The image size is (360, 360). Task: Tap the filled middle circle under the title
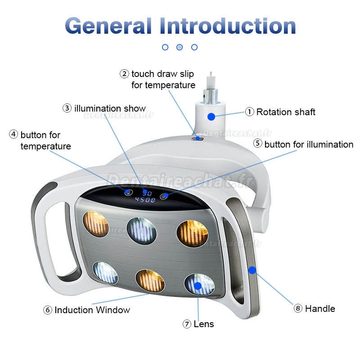click(180, 47)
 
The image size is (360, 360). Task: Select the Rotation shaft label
click(285, 112)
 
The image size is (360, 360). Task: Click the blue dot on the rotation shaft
click(211, 117)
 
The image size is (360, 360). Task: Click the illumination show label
click(110, 108)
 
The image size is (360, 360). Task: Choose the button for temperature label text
click(45, 140)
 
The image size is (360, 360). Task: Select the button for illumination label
click(308, 144)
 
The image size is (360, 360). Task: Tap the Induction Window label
click(92, 310)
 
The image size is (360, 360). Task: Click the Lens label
click(203, 324)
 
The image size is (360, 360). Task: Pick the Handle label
click(319, 309)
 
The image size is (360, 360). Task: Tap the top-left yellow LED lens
click(96, 224)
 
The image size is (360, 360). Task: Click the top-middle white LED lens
click(141, 231)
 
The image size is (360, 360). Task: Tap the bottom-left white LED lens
click(105, 273)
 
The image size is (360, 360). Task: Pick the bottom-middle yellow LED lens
click(150, 280)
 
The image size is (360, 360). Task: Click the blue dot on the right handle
click(252, 270)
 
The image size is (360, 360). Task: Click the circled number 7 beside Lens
click(187, 324)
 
